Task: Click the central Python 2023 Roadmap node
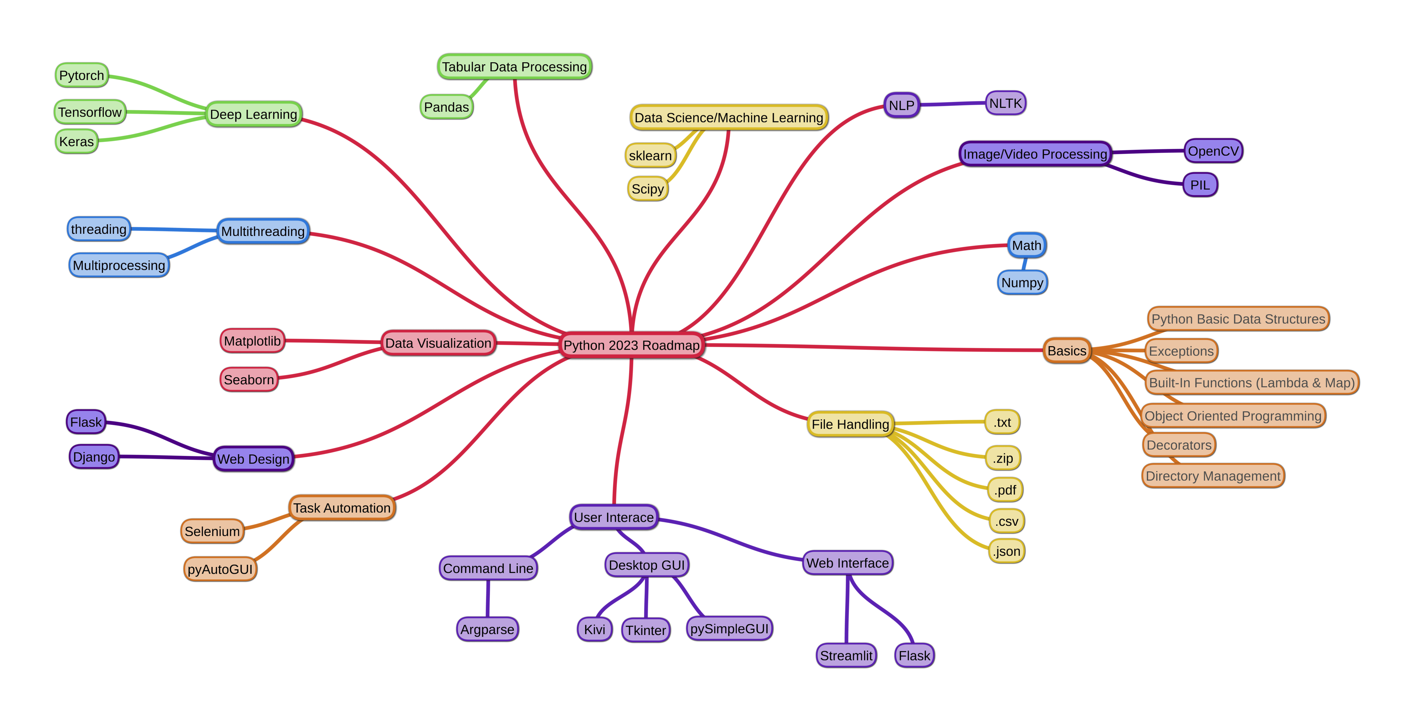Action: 631,345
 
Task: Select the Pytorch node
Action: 82,75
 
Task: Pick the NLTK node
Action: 1005,103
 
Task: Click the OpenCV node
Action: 1213,151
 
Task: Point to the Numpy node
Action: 1022,283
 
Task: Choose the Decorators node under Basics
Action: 1179,445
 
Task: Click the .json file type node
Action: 1007,551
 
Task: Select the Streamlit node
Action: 846,656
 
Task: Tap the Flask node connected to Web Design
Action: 86,422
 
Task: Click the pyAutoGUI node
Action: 220,569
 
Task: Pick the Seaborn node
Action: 249,380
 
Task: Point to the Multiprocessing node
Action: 119,265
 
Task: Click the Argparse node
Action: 487,629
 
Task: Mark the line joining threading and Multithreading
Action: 174,229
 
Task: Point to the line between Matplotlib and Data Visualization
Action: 333,341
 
